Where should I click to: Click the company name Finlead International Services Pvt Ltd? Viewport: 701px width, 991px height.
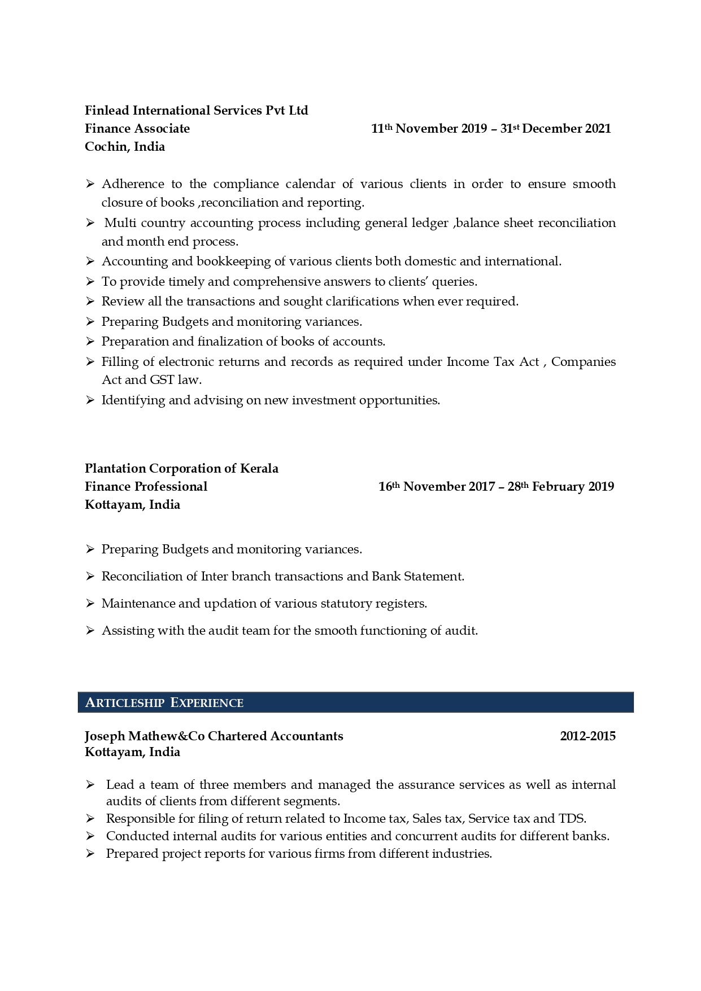click(x=196, y=111)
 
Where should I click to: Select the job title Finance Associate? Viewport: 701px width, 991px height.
click(x=137, y=129)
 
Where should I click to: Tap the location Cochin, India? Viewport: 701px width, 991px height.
click(x=125, y=147)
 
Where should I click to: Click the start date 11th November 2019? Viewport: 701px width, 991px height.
click(x=429, y=129)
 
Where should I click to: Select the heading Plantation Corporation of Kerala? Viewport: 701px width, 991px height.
click(x=181, y=469)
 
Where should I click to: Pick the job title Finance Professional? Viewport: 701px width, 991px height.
click(x=146, y=487)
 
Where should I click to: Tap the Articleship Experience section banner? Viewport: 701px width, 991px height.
click(x=355, y=702)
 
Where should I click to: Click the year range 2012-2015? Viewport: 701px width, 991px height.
click(x=587, y=736)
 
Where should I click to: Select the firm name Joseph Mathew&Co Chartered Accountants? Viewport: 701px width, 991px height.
click(x=214, y=736)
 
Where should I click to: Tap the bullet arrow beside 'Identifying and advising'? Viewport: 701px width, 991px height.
click(x=90, y=400)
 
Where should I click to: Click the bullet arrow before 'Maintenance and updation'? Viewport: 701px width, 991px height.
click(x=90, y=604)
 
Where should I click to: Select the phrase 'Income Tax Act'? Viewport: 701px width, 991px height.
click(x=493, y=362)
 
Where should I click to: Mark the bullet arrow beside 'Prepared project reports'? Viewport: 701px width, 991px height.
click(x=90, y=854)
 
